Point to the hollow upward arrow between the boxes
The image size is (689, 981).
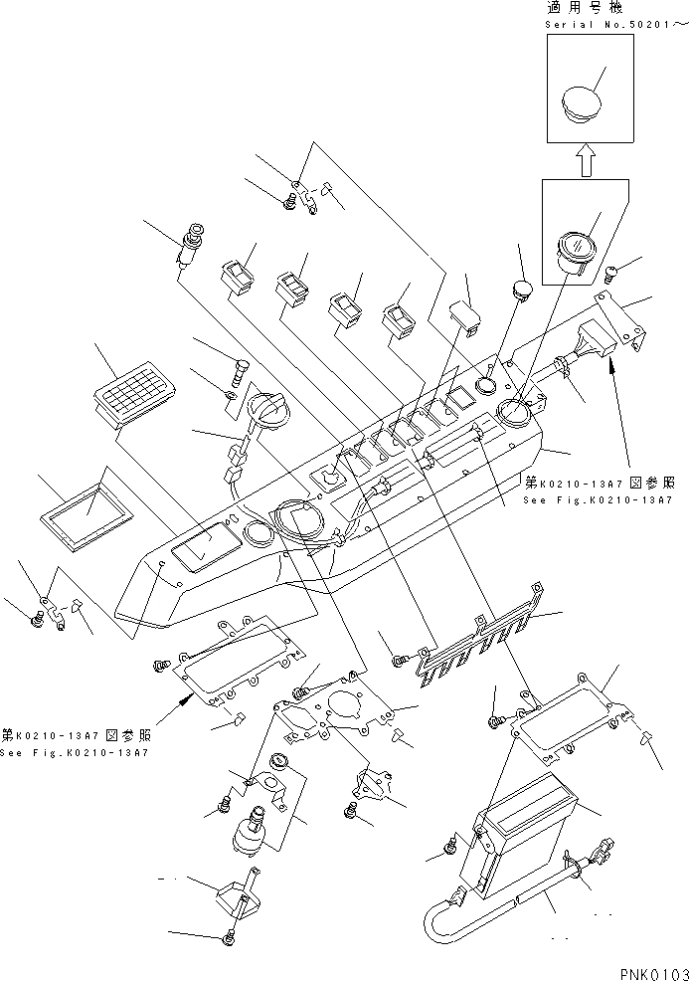click(585, 157)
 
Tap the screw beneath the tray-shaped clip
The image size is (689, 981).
click(230, 936)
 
